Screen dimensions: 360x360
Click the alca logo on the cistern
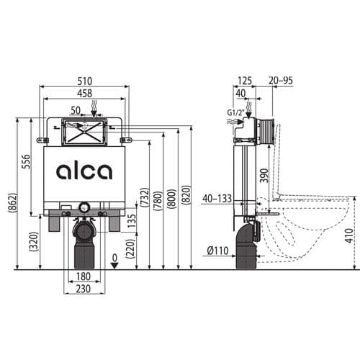84,171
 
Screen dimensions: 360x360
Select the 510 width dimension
84,81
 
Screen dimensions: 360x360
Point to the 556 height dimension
25,165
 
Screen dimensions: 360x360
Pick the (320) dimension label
33,240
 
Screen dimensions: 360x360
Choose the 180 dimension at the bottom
84,277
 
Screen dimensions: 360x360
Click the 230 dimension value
84,289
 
